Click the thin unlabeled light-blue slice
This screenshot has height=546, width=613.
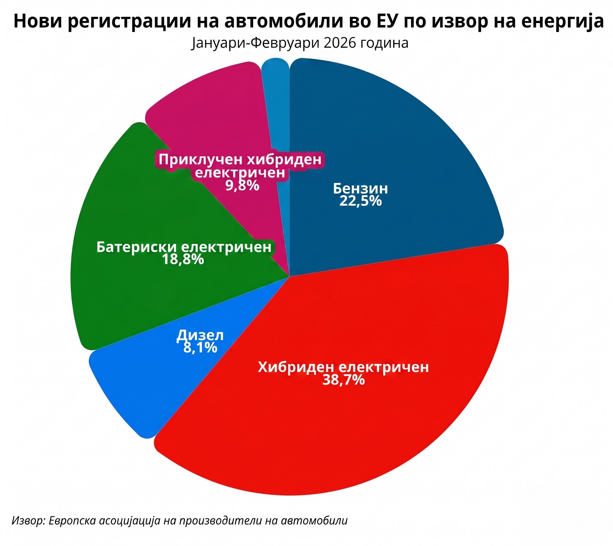(x=278, y=105)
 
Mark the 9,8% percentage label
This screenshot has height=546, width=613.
(x=242, y=186)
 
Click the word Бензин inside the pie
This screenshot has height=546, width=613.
(x=360, y=189)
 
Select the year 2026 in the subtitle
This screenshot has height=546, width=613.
(x=339, y=43)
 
